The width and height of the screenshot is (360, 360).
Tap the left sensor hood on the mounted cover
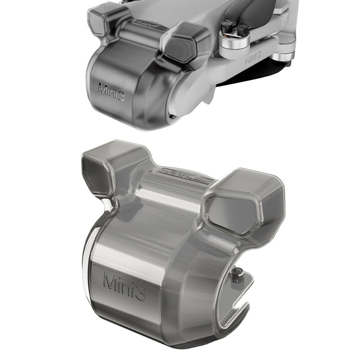(102, 19)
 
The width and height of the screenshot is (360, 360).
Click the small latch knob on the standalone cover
(238, 275)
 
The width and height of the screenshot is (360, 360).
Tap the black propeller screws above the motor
(234, 28)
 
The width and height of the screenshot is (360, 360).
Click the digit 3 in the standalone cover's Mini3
(140, 290)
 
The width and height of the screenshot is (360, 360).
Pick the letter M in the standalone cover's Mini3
(111, 280)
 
